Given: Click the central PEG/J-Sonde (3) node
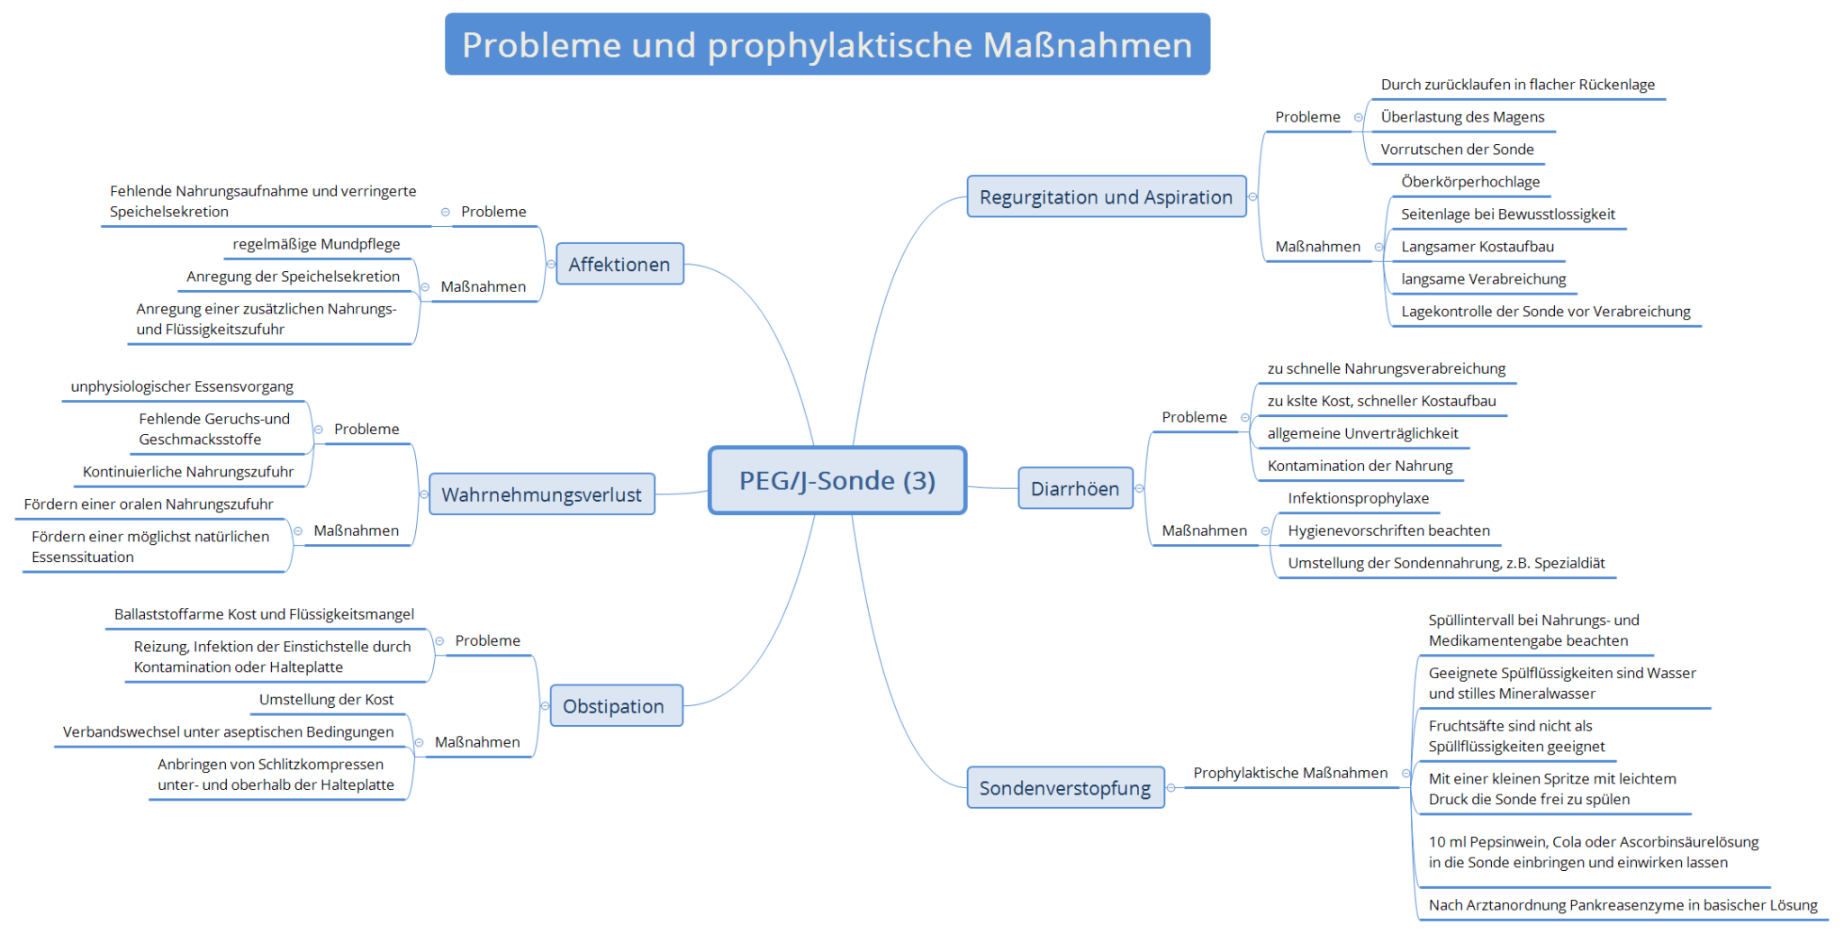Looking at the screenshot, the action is coord(837,480).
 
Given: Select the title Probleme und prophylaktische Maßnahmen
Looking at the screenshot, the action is coord(827,44).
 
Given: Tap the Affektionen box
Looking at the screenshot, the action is coord(619,264).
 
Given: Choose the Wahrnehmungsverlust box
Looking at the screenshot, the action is coord(542,494).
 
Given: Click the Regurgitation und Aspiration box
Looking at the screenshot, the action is coord(1107,196).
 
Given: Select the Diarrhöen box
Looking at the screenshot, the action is coord(1075,488).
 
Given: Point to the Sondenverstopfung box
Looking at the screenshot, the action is coord(1065,788).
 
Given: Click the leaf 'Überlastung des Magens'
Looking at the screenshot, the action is coord(1462,117).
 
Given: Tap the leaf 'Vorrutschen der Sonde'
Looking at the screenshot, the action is coord(1457,150).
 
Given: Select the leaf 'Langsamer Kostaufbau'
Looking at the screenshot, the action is coord(1478,247).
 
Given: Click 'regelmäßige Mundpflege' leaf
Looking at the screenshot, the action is coord(316,244).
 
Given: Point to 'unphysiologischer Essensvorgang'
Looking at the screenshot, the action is coord(182,386).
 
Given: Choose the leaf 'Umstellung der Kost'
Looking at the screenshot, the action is coord(326,700).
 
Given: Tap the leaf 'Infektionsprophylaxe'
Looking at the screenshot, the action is coord(1358,498).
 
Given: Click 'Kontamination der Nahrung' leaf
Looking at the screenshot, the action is coord(1360,466).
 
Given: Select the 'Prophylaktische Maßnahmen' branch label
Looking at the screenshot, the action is coord(1290,773).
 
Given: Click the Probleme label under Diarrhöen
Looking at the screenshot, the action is coord(1194,417).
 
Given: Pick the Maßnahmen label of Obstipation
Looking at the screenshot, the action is coord(477,742).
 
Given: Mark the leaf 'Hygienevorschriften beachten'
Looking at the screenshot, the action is coord(1388,530).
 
